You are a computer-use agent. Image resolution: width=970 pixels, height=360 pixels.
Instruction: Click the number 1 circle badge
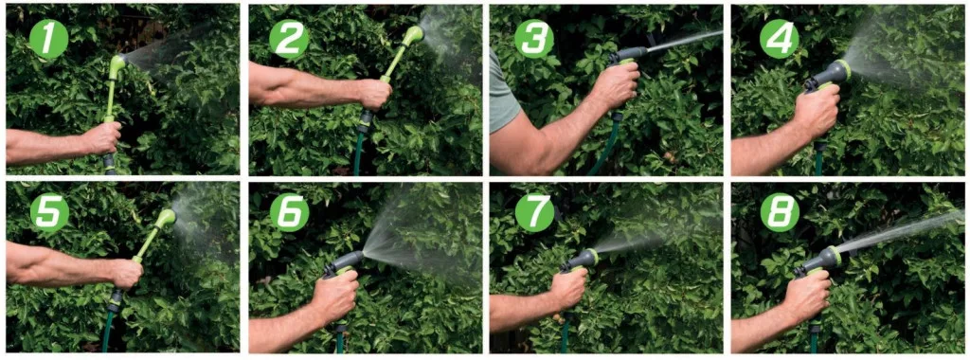coord(49,38)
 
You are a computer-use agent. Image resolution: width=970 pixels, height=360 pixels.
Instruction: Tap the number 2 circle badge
coord(289,38)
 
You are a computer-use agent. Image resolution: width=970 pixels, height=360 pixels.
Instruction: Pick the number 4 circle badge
coord(779,38)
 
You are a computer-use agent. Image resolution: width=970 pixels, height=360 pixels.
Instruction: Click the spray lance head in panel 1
coord(117,65)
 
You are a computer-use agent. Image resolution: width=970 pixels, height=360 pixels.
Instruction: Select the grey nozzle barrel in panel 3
coord(630,53)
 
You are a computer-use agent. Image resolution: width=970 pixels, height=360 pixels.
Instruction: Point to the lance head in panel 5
coord(164,218)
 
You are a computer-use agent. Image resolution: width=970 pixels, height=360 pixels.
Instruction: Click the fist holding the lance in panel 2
coord(375,94)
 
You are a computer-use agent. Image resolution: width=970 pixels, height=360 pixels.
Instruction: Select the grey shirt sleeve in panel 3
coord(504,92)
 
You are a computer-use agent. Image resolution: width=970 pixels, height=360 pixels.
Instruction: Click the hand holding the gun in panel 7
coord(568,288)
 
